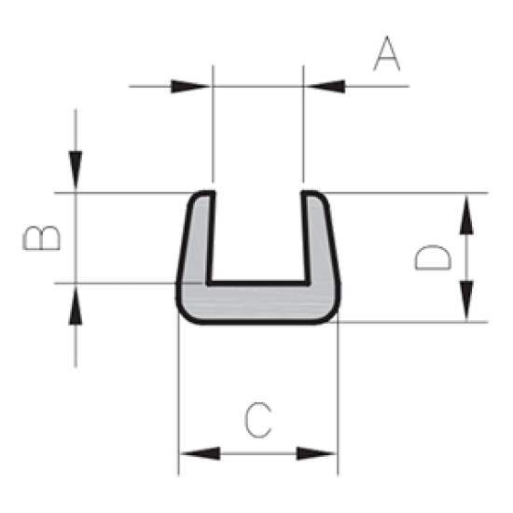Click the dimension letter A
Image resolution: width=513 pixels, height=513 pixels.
tap(387, 53)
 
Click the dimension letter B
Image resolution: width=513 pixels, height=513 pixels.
tap(42, 238)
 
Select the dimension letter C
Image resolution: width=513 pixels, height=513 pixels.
tap(258, 420)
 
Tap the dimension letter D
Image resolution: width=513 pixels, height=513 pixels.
tap(433, 257)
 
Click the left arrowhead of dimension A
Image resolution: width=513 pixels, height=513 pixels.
tap(190, 87)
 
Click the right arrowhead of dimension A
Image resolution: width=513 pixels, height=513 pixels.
tap(326, 87)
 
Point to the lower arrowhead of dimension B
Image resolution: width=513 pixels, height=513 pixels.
tap(76, 305)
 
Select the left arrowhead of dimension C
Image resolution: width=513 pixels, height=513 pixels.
tap(201, 453)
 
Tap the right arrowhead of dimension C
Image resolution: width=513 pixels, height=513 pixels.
tap(316, 453)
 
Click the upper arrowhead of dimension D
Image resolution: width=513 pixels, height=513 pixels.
tap(466, 215)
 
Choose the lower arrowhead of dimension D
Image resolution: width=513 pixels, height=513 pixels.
tap(466, 300)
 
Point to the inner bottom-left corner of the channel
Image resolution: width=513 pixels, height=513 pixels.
tap(208, 283)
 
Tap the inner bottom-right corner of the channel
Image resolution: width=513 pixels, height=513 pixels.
tap(308, 283)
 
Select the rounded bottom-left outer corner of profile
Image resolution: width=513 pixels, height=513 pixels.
tap(186, 314)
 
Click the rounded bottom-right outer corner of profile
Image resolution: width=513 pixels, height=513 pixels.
tap(331, 314)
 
